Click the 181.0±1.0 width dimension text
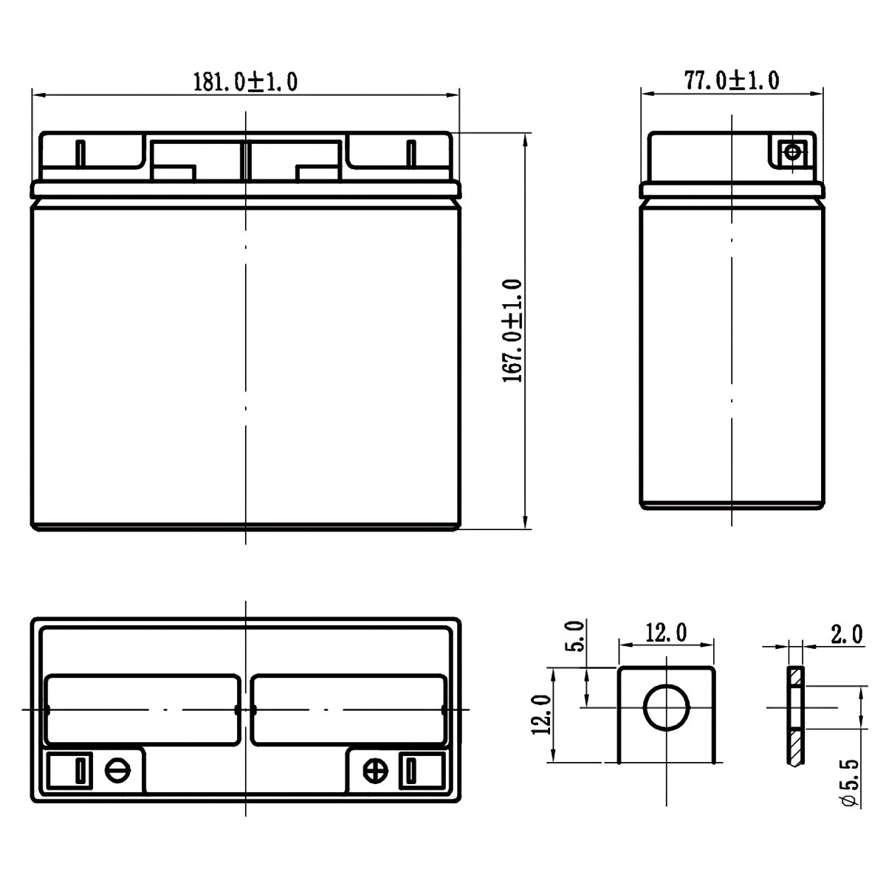[x=245, y=81]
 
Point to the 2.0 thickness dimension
[x=847, y=633]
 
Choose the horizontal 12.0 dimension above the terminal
[x=667, y=633]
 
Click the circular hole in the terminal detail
[x=667, y=707]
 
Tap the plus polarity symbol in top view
[x=376, y=771]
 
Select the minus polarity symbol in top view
[x=117, y=771]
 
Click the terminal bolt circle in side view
[x=792, y=153]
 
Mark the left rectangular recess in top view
[x=142, y=710]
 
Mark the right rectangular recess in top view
[x=348, y=710]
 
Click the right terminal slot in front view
[x=411, y=153]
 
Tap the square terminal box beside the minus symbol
[x=70, y=771]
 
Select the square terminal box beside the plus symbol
[x=422, y=771]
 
